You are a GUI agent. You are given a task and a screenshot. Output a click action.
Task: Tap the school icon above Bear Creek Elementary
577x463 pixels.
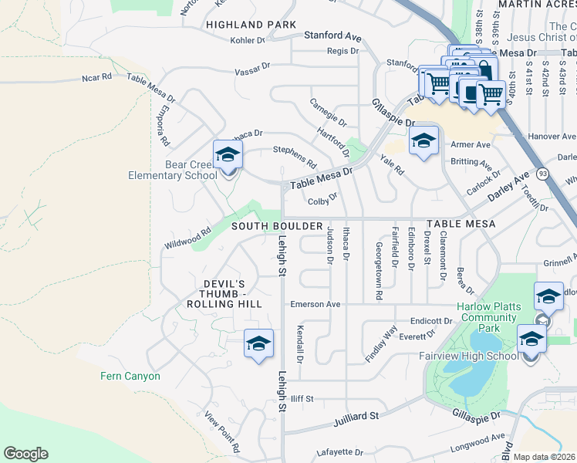(x=228, y=154)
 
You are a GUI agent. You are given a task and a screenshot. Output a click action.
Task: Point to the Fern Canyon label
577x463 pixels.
(x=130, y=376)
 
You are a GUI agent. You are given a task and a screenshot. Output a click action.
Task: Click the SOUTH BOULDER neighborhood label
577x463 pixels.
(x=277, y=225)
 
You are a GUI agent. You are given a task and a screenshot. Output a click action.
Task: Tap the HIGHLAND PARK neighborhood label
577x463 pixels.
(x=251, y=25)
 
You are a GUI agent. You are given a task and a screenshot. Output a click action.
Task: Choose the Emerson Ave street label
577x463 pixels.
(x=315, y=304)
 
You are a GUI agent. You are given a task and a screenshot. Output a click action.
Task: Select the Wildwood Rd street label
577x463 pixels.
(x=187, y=238)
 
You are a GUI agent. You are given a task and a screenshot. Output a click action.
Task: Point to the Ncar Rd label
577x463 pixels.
(x=96, y=77)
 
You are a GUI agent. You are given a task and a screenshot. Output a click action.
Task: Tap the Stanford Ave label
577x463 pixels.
(x=332, y=36)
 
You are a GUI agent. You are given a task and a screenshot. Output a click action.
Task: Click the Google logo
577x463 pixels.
(x=25, y=454)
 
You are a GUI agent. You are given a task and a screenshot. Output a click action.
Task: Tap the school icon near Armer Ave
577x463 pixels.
(x=423, y=140)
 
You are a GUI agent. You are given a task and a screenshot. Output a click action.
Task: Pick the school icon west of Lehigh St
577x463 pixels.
(x=258, y=343)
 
